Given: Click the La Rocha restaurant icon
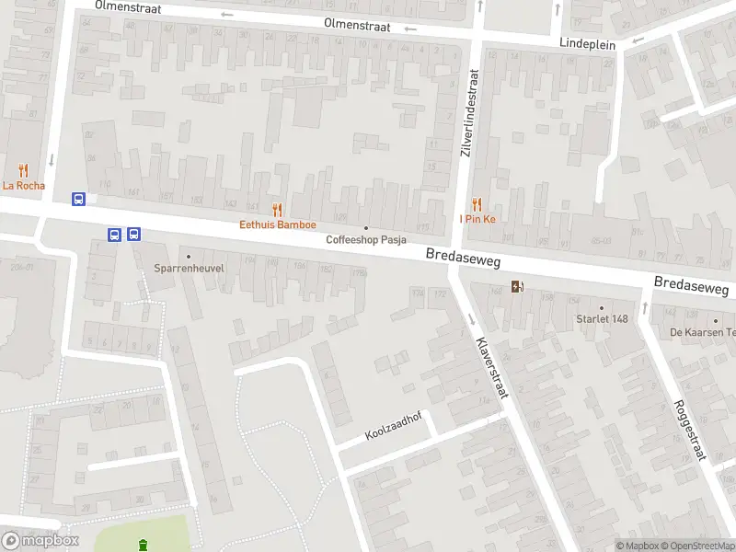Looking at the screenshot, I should click(x=23, y=170).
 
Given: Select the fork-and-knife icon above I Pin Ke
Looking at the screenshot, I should click(x=477, y=204).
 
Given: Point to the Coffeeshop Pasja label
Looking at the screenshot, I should click(x=366, y=240).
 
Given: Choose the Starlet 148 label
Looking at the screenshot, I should click(x=601, y=319).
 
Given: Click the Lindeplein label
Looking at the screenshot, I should click(x=587, y=43).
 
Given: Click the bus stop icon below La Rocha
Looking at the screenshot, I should click(x=79, y=199).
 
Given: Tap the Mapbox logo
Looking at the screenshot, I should click(x=40, y=541).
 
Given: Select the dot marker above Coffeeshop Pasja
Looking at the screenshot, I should click(x=366, y=228).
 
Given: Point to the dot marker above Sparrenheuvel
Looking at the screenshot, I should click(x=189, y=257).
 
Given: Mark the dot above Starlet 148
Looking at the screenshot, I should click(x=602, y=307).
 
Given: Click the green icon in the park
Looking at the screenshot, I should click(x=143, y=546).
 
